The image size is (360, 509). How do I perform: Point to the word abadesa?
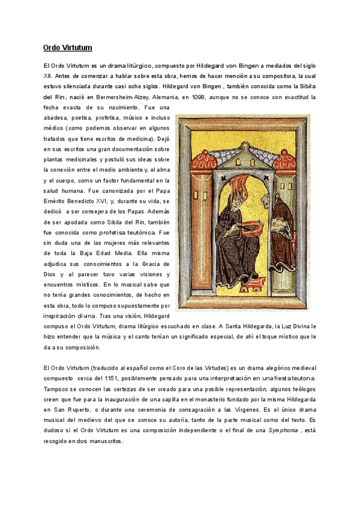point(57,118)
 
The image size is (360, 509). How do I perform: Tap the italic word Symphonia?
point(283,431)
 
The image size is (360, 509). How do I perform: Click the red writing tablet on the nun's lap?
point(251,225)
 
